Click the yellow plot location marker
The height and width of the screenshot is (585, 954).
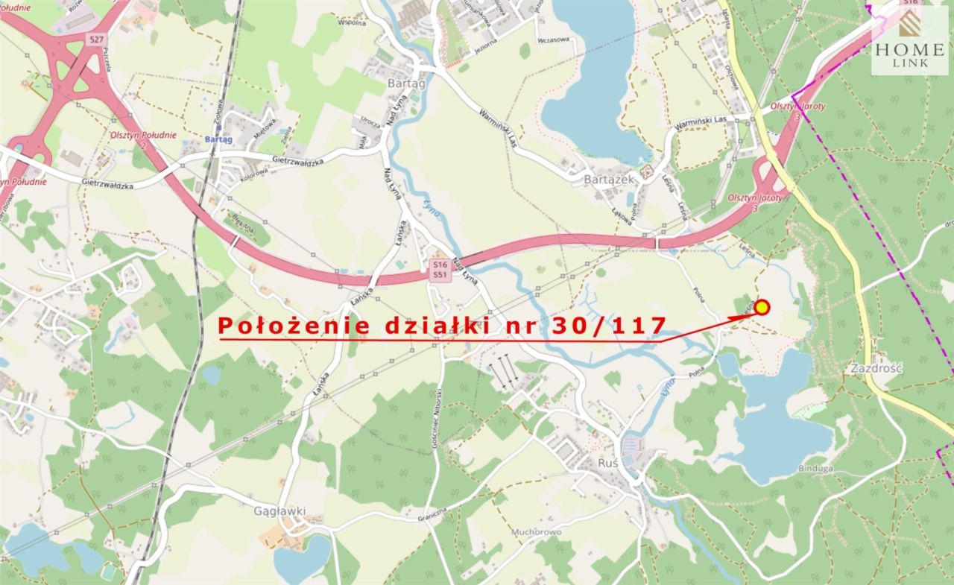pos(762,307)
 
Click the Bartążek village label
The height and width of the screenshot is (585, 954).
pos(609,180)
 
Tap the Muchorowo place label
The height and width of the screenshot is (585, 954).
pos(536,532)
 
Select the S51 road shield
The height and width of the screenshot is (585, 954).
pos(440,275)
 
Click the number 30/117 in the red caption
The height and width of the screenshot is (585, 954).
pos(609,326)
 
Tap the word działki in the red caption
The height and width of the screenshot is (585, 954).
pos(435,326)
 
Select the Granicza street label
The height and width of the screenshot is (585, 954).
pos(432,513)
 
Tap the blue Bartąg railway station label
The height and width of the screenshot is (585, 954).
pos(218,139)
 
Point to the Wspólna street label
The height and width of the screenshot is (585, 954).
pos(351,23)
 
